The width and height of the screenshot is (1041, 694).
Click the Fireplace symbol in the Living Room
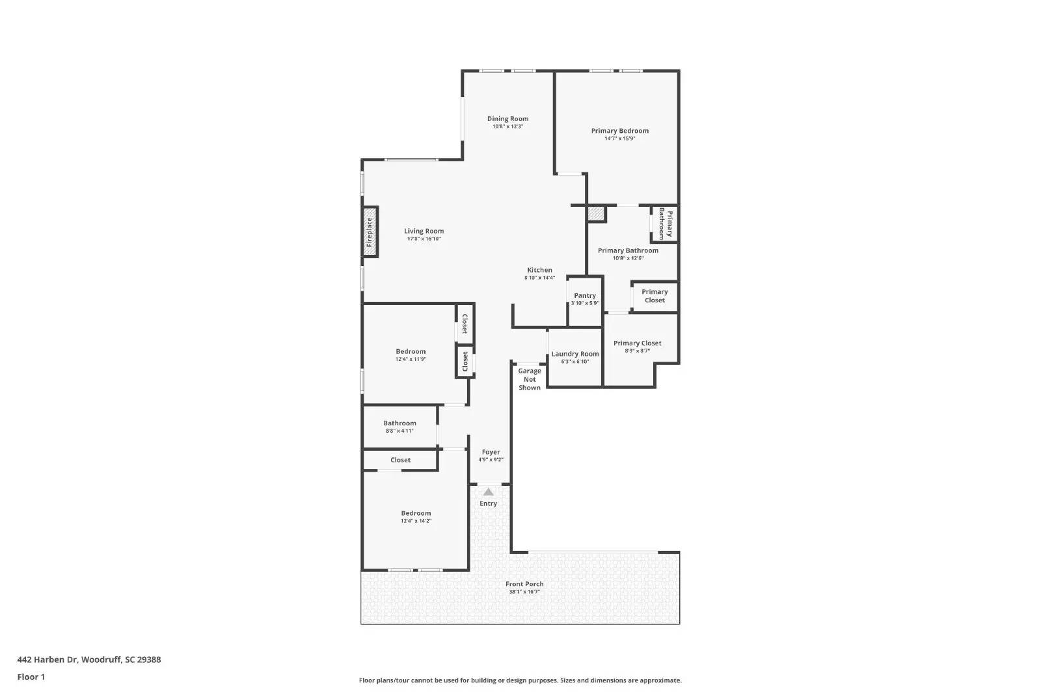(x=370, y=232)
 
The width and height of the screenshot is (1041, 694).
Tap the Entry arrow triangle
(x=489, y=492)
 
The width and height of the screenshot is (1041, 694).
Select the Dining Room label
(x=507, y=118)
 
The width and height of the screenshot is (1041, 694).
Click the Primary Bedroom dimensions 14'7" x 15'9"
(x=619, y=139)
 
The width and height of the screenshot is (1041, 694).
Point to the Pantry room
(x=585, y=299)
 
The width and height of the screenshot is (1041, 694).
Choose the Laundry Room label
(x=575, y=354)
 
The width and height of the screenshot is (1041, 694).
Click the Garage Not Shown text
(x=530, y=379)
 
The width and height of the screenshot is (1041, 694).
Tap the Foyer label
(x=491, y=452)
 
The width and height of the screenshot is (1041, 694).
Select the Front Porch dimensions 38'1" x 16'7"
(x=524, y=592)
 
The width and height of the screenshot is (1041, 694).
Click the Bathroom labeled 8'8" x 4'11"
(x=399, y=427)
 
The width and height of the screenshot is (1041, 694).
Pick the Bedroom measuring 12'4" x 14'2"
(x=416, y=517)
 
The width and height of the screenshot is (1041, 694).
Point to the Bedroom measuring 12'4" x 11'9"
(x=411, y=355)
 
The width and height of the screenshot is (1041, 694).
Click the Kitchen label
(x=539, y=270)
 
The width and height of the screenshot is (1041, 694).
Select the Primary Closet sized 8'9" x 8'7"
(x=637, y=347)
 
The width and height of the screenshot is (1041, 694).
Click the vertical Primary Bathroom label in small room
(x=666, y=224)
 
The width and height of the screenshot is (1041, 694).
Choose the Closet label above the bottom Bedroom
(x=400, y=460)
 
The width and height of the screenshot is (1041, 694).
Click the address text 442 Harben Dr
(x=88, y=660)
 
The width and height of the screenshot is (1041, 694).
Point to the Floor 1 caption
(x=31, y=676)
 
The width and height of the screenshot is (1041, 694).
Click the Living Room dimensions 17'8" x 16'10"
(x=424, y=239)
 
